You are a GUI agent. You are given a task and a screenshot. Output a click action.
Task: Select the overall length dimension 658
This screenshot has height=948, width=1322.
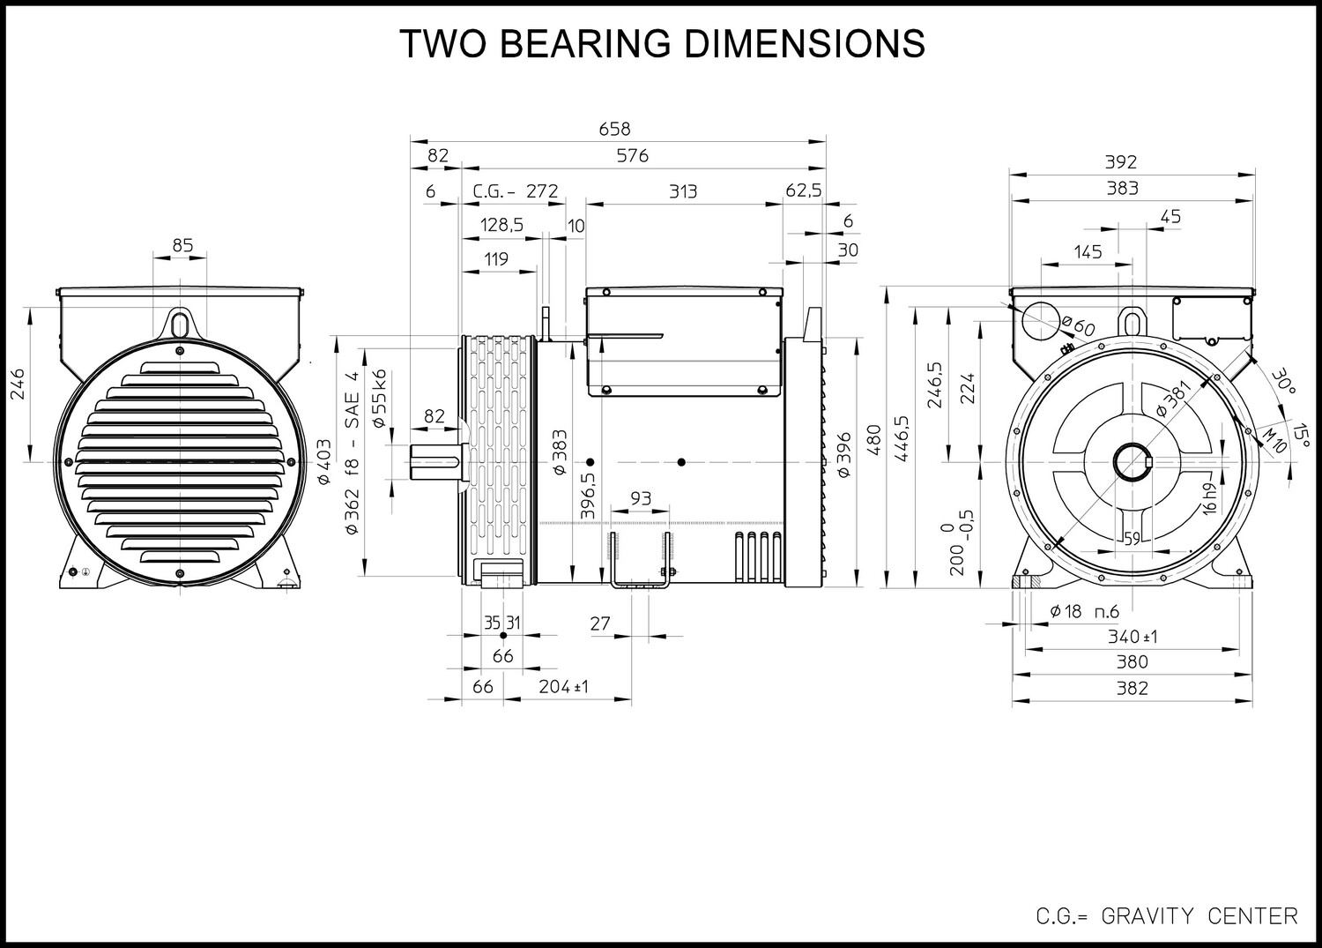click(614, 129)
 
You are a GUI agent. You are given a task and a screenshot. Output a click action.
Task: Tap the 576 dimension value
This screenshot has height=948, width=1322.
click(632, 155)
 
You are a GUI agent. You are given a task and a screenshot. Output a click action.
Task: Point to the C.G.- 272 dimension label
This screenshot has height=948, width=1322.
click(516, 190)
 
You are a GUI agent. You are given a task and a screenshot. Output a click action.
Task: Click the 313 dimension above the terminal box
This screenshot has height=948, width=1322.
click(683, 191)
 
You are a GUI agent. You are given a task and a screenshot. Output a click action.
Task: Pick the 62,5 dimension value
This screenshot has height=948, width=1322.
click(803, 190)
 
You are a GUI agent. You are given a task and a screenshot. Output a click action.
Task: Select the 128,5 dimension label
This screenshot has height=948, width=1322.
click(501, 225)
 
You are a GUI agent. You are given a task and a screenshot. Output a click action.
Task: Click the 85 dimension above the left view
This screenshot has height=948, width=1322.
click(182, 244)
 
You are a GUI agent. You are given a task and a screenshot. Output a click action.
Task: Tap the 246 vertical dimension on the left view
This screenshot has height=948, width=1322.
click(19, 384)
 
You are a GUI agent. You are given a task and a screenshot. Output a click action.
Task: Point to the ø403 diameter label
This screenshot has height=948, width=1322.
click(324, 461)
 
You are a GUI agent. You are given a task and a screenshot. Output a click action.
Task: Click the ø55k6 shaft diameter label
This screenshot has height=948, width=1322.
click(380, 398)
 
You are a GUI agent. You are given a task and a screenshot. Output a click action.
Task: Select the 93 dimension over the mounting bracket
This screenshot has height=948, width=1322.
click(641, 498)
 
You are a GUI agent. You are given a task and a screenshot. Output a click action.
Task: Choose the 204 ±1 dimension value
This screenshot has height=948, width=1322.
click(564, 686)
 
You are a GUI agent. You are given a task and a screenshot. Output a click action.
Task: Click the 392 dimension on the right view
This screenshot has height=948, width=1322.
click(1121, 161)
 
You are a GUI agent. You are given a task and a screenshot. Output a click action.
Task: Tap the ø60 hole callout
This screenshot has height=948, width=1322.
click(1078, 325)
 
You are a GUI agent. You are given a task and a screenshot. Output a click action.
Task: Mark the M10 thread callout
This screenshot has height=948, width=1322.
click(1274, 439)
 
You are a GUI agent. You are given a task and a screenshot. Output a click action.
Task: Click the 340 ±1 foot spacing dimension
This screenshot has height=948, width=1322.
click(1133, 637)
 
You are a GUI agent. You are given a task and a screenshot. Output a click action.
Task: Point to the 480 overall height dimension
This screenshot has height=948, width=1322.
click(875, 439)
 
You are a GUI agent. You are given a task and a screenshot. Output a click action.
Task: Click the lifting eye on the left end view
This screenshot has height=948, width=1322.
click(180, 323)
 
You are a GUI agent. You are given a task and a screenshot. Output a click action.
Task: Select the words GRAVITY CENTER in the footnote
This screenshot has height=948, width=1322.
click(1199, 916)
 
